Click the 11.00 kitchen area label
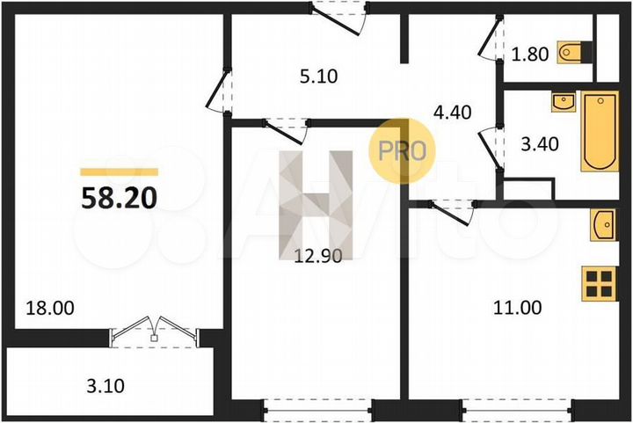518,308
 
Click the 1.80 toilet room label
530,54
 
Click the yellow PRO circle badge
403,150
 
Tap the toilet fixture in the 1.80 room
574,53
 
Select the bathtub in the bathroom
600,133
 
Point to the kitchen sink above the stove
604,225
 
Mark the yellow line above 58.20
119,172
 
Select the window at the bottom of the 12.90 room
317,410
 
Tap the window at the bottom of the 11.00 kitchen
517,410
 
